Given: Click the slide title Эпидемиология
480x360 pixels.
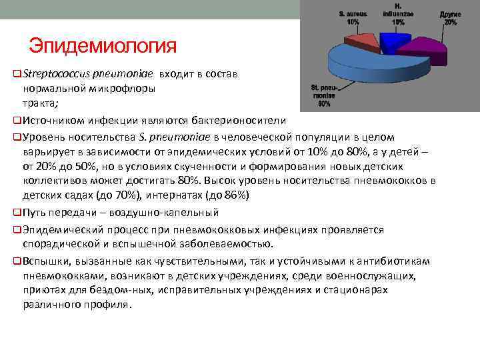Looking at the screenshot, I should click(103, 47).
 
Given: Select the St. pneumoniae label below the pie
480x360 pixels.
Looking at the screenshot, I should click(325, 95).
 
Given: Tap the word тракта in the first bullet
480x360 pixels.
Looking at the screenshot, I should click(40, 103).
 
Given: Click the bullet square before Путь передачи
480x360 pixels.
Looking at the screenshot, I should click(17, 213).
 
